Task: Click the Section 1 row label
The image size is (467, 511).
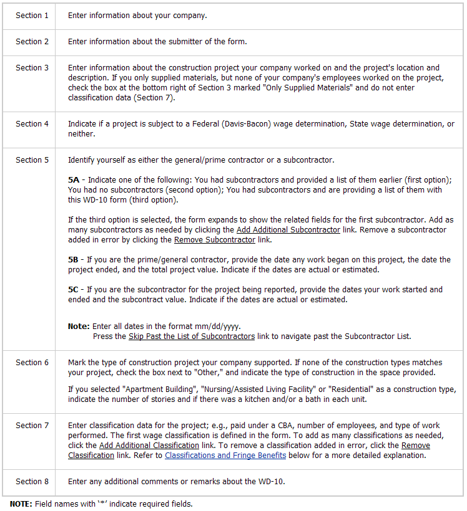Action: [32, 16]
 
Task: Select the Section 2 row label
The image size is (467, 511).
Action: [32, 42]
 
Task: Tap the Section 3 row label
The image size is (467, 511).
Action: [32, 68]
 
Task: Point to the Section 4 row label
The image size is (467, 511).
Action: [32, 124]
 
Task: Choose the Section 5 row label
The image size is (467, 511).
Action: [32, 160]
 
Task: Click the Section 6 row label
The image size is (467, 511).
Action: [32, 363]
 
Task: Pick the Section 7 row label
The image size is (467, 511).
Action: [32, 426]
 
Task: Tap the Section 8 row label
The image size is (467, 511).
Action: [32, 482]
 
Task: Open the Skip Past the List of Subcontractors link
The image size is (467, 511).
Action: [192, 337]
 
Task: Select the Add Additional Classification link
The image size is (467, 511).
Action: [149, 446]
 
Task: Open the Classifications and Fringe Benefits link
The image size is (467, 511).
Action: [225, 456]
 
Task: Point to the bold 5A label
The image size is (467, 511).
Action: [74, 180]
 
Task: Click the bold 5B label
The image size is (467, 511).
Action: [74, 260]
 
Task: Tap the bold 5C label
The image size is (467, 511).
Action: [74, 290]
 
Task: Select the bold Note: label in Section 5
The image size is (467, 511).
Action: [79, 327]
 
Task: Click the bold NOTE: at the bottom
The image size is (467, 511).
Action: [20, 504]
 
